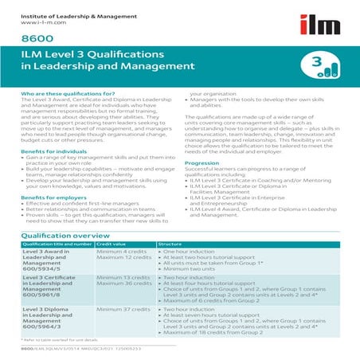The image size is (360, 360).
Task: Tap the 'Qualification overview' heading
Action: click(65, 237)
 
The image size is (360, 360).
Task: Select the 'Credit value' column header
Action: click(111, 245)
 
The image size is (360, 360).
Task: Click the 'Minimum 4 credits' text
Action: click(122, 252)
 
